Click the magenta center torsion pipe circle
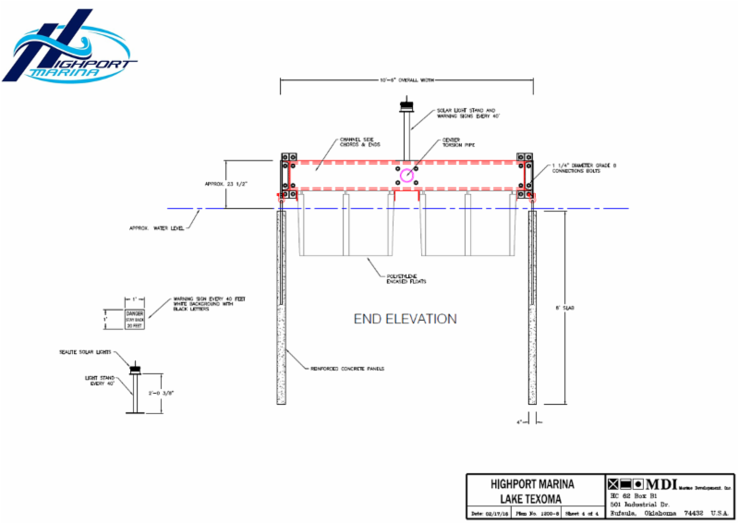coord(407,176)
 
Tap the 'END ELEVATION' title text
coord(406,319)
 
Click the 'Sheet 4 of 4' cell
coord(575,513)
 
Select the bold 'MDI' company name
coord(660,483)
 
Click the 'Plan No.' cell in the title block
coord(533,513)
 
